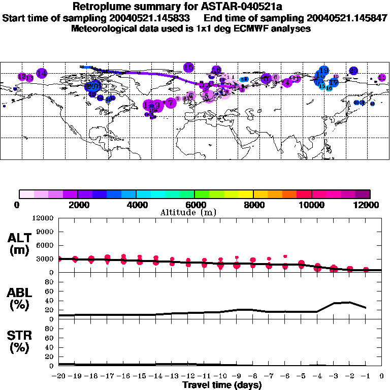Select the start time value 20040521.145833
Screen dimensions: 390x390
(152, 18)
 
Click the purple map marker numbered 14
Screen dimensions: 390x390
(42, 73)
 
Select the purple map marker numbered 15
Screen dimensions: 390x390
(188, 67)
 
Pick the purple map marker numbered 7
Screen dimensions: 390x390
(171, 103)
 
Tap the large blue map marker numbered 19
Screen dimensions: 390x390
(323, 71)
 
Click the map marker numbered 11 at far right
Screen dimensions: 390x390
(381, 78)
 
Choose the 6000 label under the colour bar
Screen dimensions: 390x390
(194, 205)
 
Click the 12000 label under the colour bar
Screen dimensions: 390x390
(366, 205)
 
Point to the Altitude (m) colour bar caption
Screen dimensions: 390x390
(188, 212)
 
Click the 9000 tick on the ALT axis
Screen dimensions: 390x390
(45, 232)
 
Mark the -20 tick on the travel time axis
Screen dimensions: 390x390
(59, 376)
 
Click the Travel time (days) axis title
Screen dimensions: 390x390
(222, 385)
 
